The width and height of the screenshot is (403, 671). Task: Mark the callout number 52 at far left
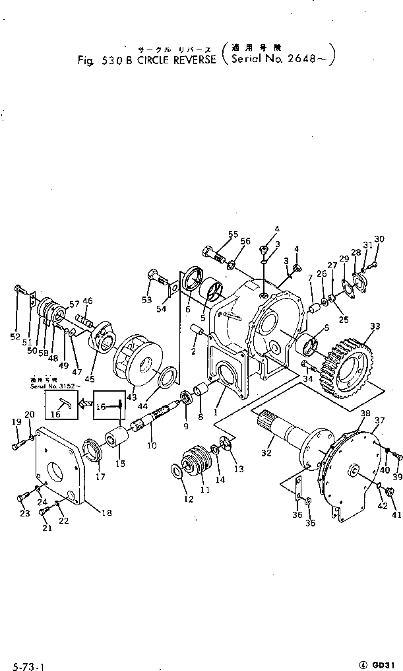[x=15, y=337]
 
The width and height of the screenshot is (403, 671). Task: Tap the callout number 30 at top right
[x=379, y=239]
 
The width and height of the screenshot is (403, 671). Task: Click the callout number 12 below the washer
[x=189, y=499]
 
